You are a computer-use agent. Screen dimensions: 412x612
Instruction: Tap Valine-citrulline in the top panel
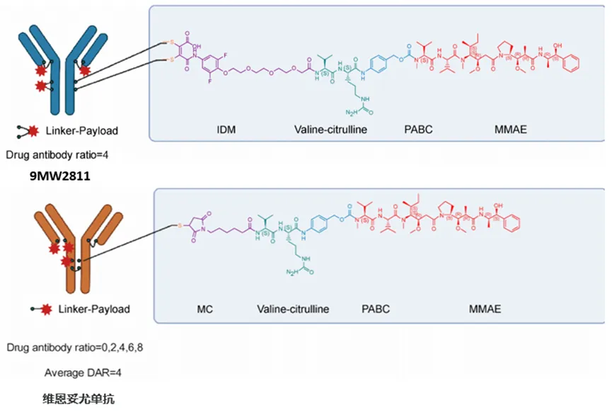click(331, 130)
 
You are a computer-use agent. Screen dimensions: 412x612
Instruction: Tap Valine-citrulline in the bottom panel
click(294, 309)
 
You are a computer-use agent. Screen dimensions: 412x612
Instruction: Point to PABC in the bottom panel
click(376, 309)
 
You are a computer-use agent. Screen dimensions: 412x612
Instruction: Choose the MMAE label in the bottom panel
click(486, 309)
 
